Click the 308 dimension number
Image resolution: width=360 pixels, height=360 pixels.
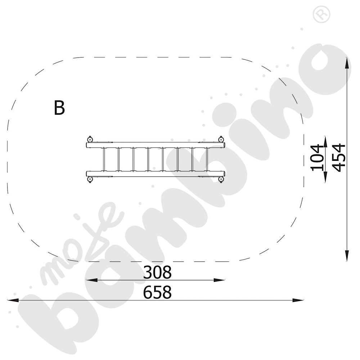(157, 272)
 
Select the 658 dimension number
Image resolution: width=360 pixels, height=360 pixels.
(157, 292)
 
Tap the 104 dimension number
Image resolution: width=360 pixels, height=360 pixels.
(316, 158)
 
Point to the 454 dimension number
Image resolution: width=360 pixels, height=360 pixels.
(339, 158)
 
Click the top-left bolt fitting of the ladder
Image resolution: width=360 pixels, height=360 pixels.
(90, 139)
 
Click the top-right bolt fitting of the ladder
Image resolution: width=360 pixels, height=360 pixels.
(221, 139)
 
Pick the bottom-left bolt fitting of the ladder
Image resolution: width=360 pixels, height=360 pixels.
(90, 179)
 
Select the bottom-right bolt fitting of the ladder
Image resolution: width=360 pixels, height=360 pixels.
(221, 179)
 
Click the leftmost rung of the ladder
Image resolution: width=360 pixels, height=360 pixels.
(104, 159)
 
